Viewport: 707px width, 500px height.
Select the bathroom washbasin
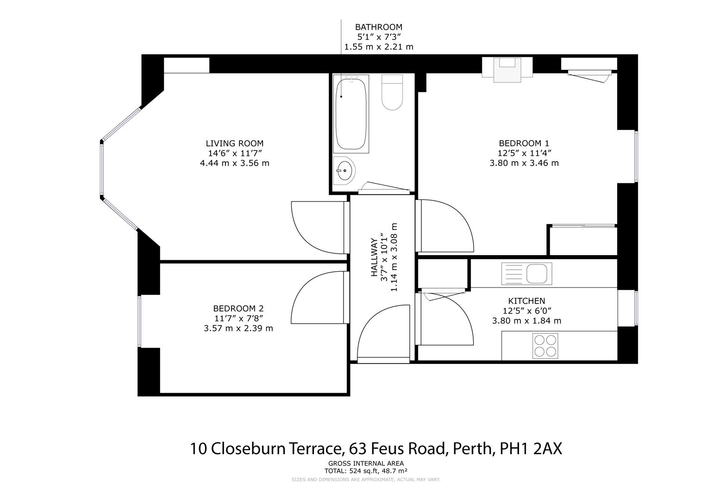pos(344,170)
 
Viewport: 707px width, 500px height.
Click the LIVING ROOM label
pos(234,144)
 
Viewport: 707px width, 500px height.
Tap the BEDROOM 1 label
pos(524,144)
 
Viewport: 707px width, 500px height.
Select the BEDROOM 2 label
pos(238,308)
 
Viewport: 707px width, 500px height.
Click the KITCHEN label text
pos(526,301)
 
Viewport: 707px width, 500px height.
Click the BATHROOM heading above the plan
pos(378,27)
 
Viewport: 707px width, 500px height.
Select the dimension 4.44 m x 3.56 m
pos(234,163)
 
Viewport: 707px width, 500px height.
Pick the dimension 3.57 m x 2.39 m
pos(238,328)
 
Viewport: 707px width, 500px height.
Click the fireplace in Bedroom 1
pos(507,69)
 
